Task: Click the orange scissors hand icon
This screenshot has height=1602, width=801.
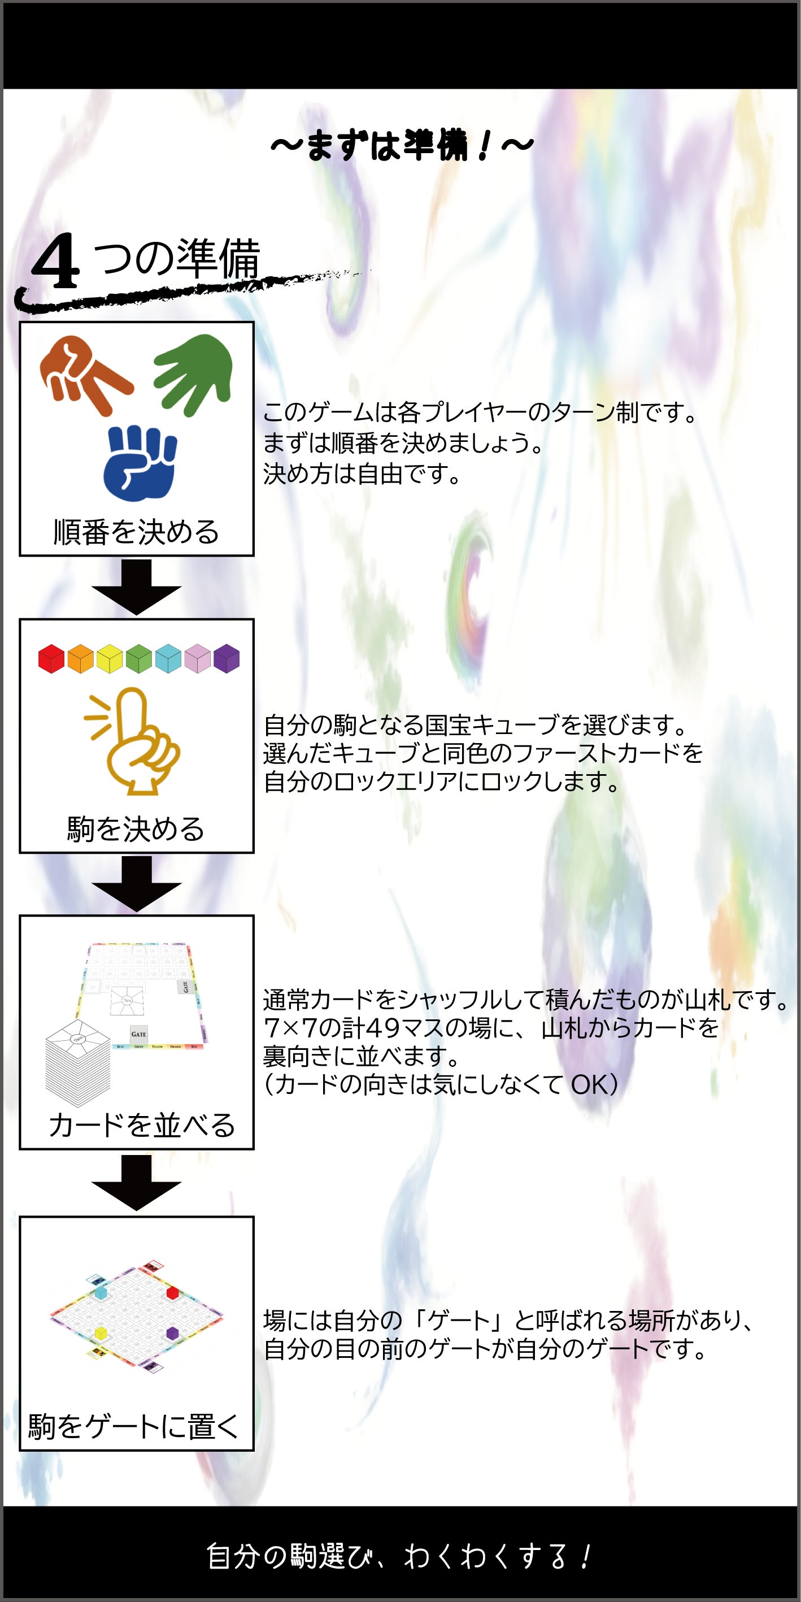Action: tap(86, 375)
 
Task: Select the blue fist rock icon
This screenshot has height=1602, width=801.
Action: tap(141, 463)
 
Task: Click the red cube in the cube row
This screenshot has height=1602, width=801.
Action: tap(51, 658)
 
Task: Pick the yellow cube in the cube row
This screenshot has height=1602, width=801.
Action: tap(110, 658)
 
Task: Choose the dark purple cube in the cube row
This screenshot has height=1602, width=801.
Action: tap(227, 658)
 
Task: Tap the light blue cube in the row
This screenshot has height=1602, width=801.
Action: tap(168, 658)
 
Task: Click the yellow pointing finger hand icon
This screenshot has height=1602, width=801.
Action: tap(132, 741)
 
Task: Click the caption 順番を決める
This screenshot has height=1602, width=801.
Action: tap(136, 532)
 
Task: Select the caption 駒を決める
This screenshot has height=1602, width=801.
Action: tap(136, 829)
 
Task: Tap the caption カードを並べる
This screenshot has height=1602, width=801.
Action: tap(141, 1126)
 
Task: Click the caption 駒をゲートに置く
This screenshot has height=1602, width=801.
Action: tap(133, 1426)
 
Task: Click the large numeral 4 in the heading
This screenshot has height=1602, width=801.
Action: tap(55, 261)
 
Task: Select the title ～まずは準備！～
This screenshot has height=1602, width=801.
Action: tap(402, 146)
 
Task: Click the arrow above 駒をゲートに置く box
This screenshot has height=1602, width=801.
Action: tap(136, 1182)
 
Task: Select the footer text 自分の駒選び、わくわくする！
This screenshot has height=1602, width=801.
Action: tap(398, 1557)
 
